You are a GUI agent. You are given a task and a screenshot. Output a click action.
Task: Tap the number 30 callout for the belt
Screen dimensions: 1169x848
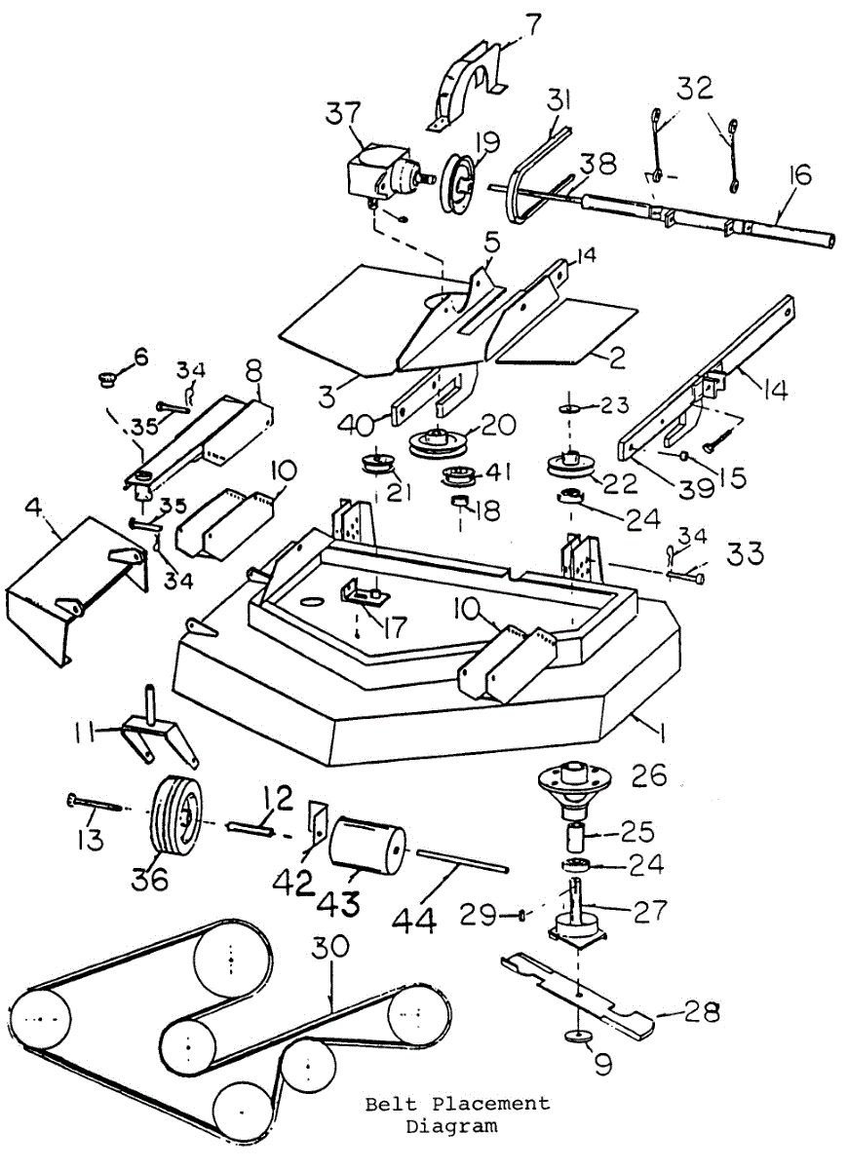click(334, 947)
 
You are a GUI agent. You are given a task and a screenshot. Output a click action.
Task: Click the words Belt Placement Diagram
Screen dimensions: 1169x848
click(456, 1114)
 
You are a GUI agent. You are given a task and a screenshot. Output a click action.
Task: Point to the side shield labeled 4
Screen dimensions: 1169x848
click(73, 594)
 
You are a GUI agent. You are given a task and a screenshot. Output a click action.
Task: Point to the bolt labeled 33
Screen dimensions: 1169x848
click(688, 577)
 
